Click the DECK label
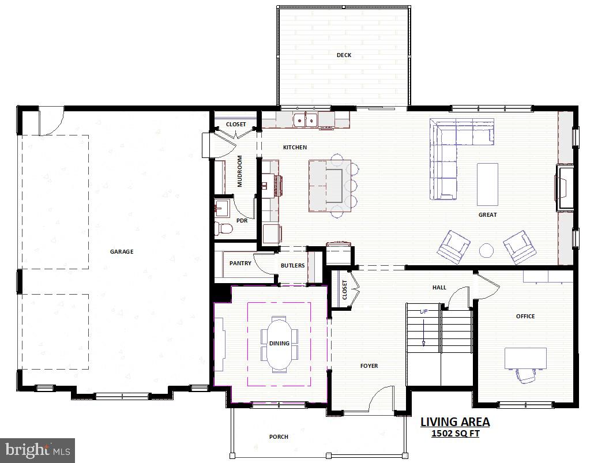(344, 55)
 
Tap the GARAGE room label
(122, 251)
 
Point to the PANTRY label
(240, 264)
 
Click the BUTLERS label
(292, 265)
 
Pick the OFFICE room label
(525, 316)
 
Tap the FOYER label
(369, 366)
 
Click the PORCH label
(279, 436)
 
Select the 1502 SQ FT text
(455, 434)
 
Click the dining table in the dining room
(279, 344)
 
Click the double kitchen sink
(304, 120)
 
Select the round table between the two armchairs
(487, 250)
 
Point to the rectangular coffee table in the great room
(487, 184)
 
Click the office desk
(525, 358)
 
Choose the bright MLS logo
(37, 449)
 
